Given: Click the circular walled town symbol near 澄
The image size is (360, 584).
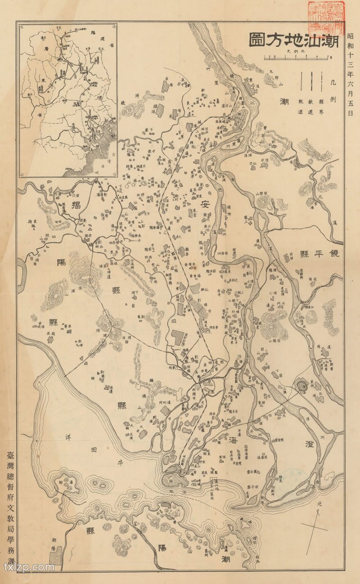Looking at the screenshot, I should tap(301, 385).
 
